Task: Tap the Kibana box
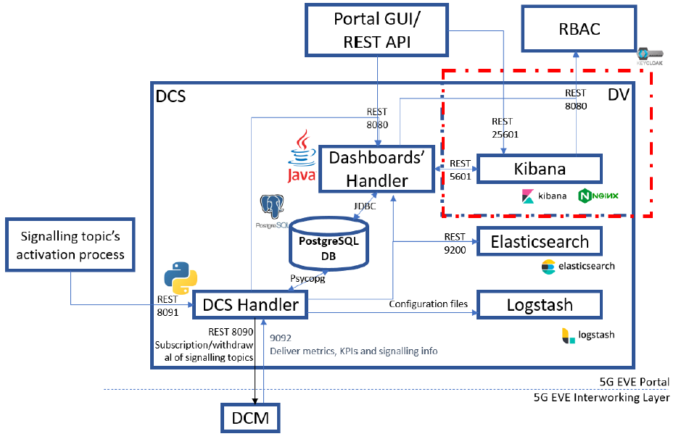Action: click(539, 169)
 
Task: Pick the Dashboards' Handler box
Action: click(376, 169)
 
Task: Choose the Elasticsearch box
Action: click(539, 241)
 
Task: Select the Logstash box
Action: click(539, 305)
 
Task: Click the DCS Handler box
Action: click(249, 305)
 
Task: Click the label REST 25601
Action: click(504, 127)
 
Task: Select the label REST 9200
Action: click(455, 241)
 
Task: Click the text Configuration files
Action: click(429, 304)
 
